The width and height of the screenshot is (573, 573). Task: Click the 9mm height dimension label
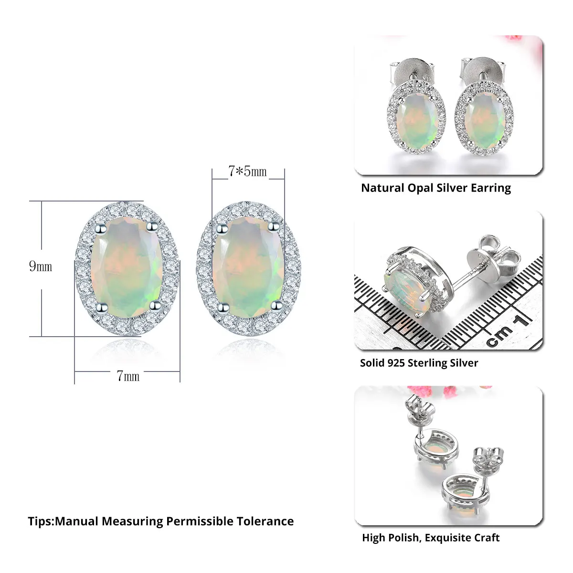[x=41, y=266]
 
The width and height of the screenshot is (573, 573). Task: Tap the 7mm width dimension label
[x=128, y=376]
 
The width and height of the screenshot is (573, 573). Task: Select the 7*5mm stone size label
[x=247, y=171]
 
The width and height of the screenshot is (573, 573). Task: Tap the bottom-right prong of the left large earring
[x=155, y=305]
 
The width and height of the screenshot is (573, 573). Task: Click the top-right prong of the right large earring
[x=274, y=227]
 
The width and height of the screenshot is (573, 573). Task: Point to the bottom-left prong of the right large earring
[x=223, y=308]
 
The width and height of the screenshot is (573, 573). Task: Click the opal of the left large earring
[x=127, y=267]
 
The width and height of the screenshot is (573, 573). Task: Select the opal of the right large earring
[x=248, y=267]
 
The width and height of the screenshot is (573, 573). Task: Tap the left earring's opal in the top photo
[x=416, y=120]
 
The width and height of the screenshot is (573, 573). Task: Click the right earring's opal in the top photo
[x=484, y=120]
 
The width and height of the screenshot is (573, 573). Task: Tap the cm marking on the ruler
[x=499, y=335]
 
